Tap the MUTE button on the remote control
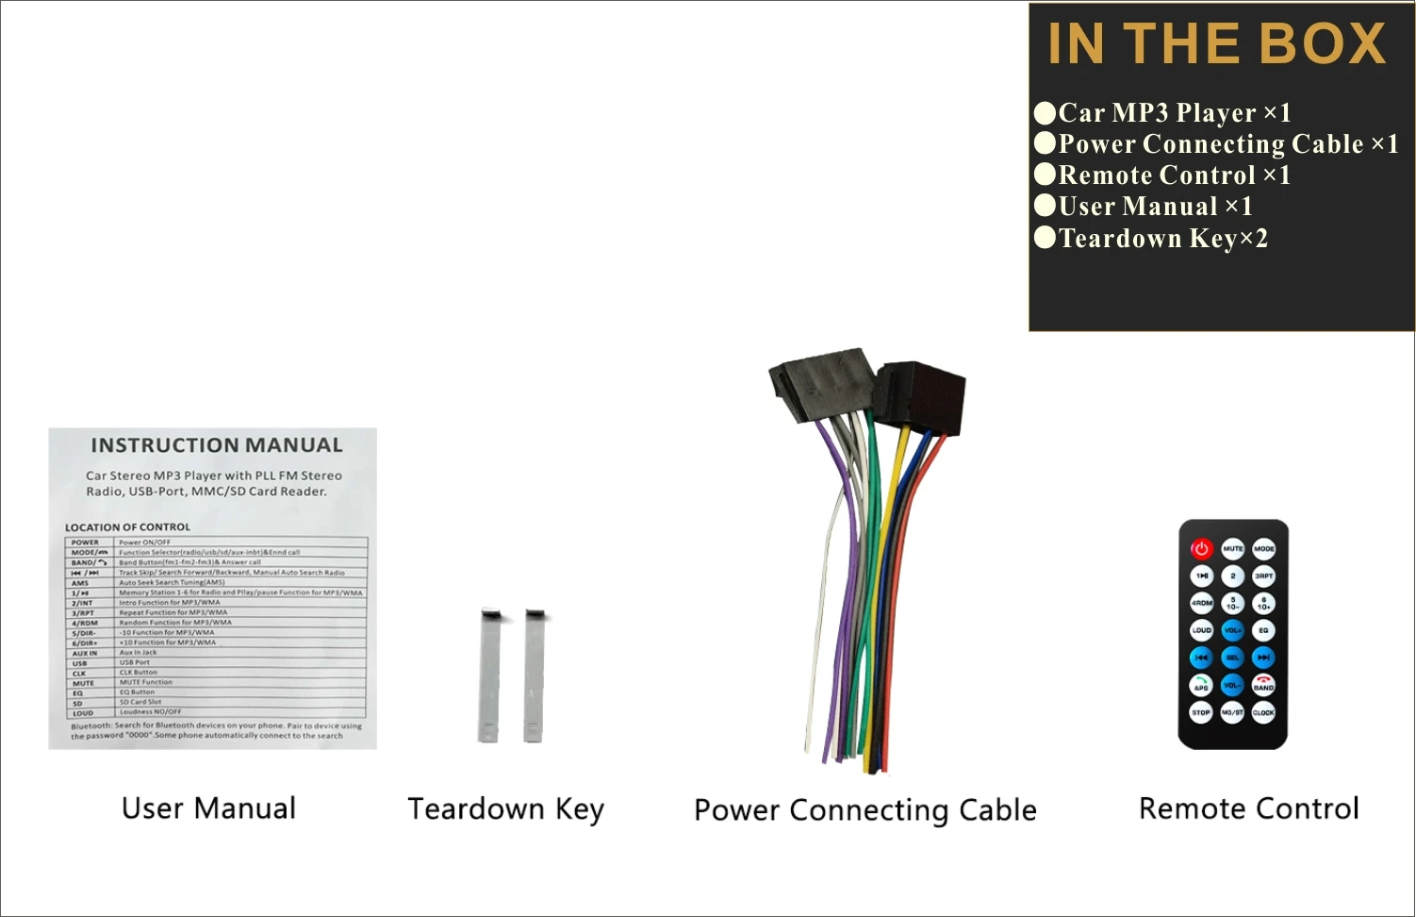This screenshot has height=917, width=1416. [x=1232, y=548]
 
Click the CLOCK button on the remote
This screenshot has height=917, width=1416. [x=1263, y=713]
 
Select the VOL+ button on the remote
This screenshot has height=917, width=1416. [x=1232, y=629]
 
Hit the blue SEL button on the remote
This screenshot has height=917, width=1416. [x=1232, y=658]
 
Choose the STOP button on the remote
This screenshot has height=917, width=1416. [x=1201, y=713]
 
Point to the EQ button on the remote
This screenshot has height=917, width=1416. [x=1263, y=629]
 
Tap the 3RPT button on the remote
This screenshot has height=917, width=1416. [x=1263, y=575]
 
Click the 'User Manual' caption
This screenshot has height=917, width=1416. [x=208, y=809]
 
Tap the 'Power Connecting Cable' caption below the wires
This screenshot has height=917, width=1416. [x=864, y=810]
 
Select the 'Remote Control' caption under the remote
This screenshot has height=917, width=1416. [x=1248, y=809]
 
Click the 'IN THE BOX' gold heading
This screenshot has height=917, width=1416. [x=1216, y=44]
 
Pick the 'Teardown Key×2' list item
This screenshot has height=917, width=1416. [x=1162, y=239]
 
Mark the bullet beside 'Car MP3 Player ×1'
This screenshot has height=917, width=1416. [x=1045, y=113]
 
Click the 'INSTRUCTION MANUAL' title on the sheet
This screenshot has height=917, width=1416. [x=216, y=445]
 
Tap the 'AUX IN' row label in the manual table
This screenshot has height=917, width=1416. [x=85, y=653]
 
